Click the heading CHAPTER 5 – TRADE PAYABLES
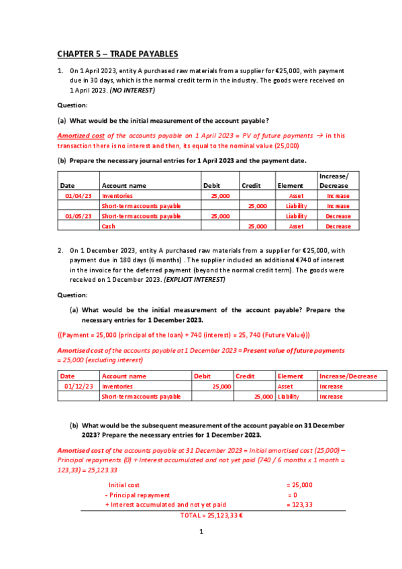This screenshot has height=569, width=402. [x=117, y=53]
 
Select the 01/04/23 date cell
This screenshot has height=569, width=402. [x=77, y=195]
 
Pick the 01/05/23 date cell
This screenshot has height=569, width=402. [x=77, y=216]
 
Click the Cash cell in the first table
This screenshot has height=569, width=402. [x=109, y=226]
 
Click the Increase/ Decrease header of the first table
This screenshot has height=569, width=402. [x=334, y=180]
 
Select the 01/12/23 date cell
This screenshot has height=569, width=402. [x=77, y=386]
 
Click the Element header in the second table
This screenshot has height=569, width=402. [x=291, y=376]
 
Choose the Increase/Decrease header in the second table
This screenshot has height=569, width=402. [x=348, y=376]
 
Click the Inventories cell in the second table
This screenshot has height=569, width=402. [x=117, y=386]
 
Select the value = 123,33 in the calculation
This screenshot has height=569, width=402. [x=299, y=505]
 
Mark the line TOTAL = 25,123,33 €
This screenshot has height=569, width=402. [x=211, y=515]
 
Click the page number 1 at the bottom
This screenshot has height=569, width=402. [x=201, y=532]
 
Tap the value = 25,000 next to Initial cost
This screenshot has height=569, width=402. [x=299, y=484]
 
